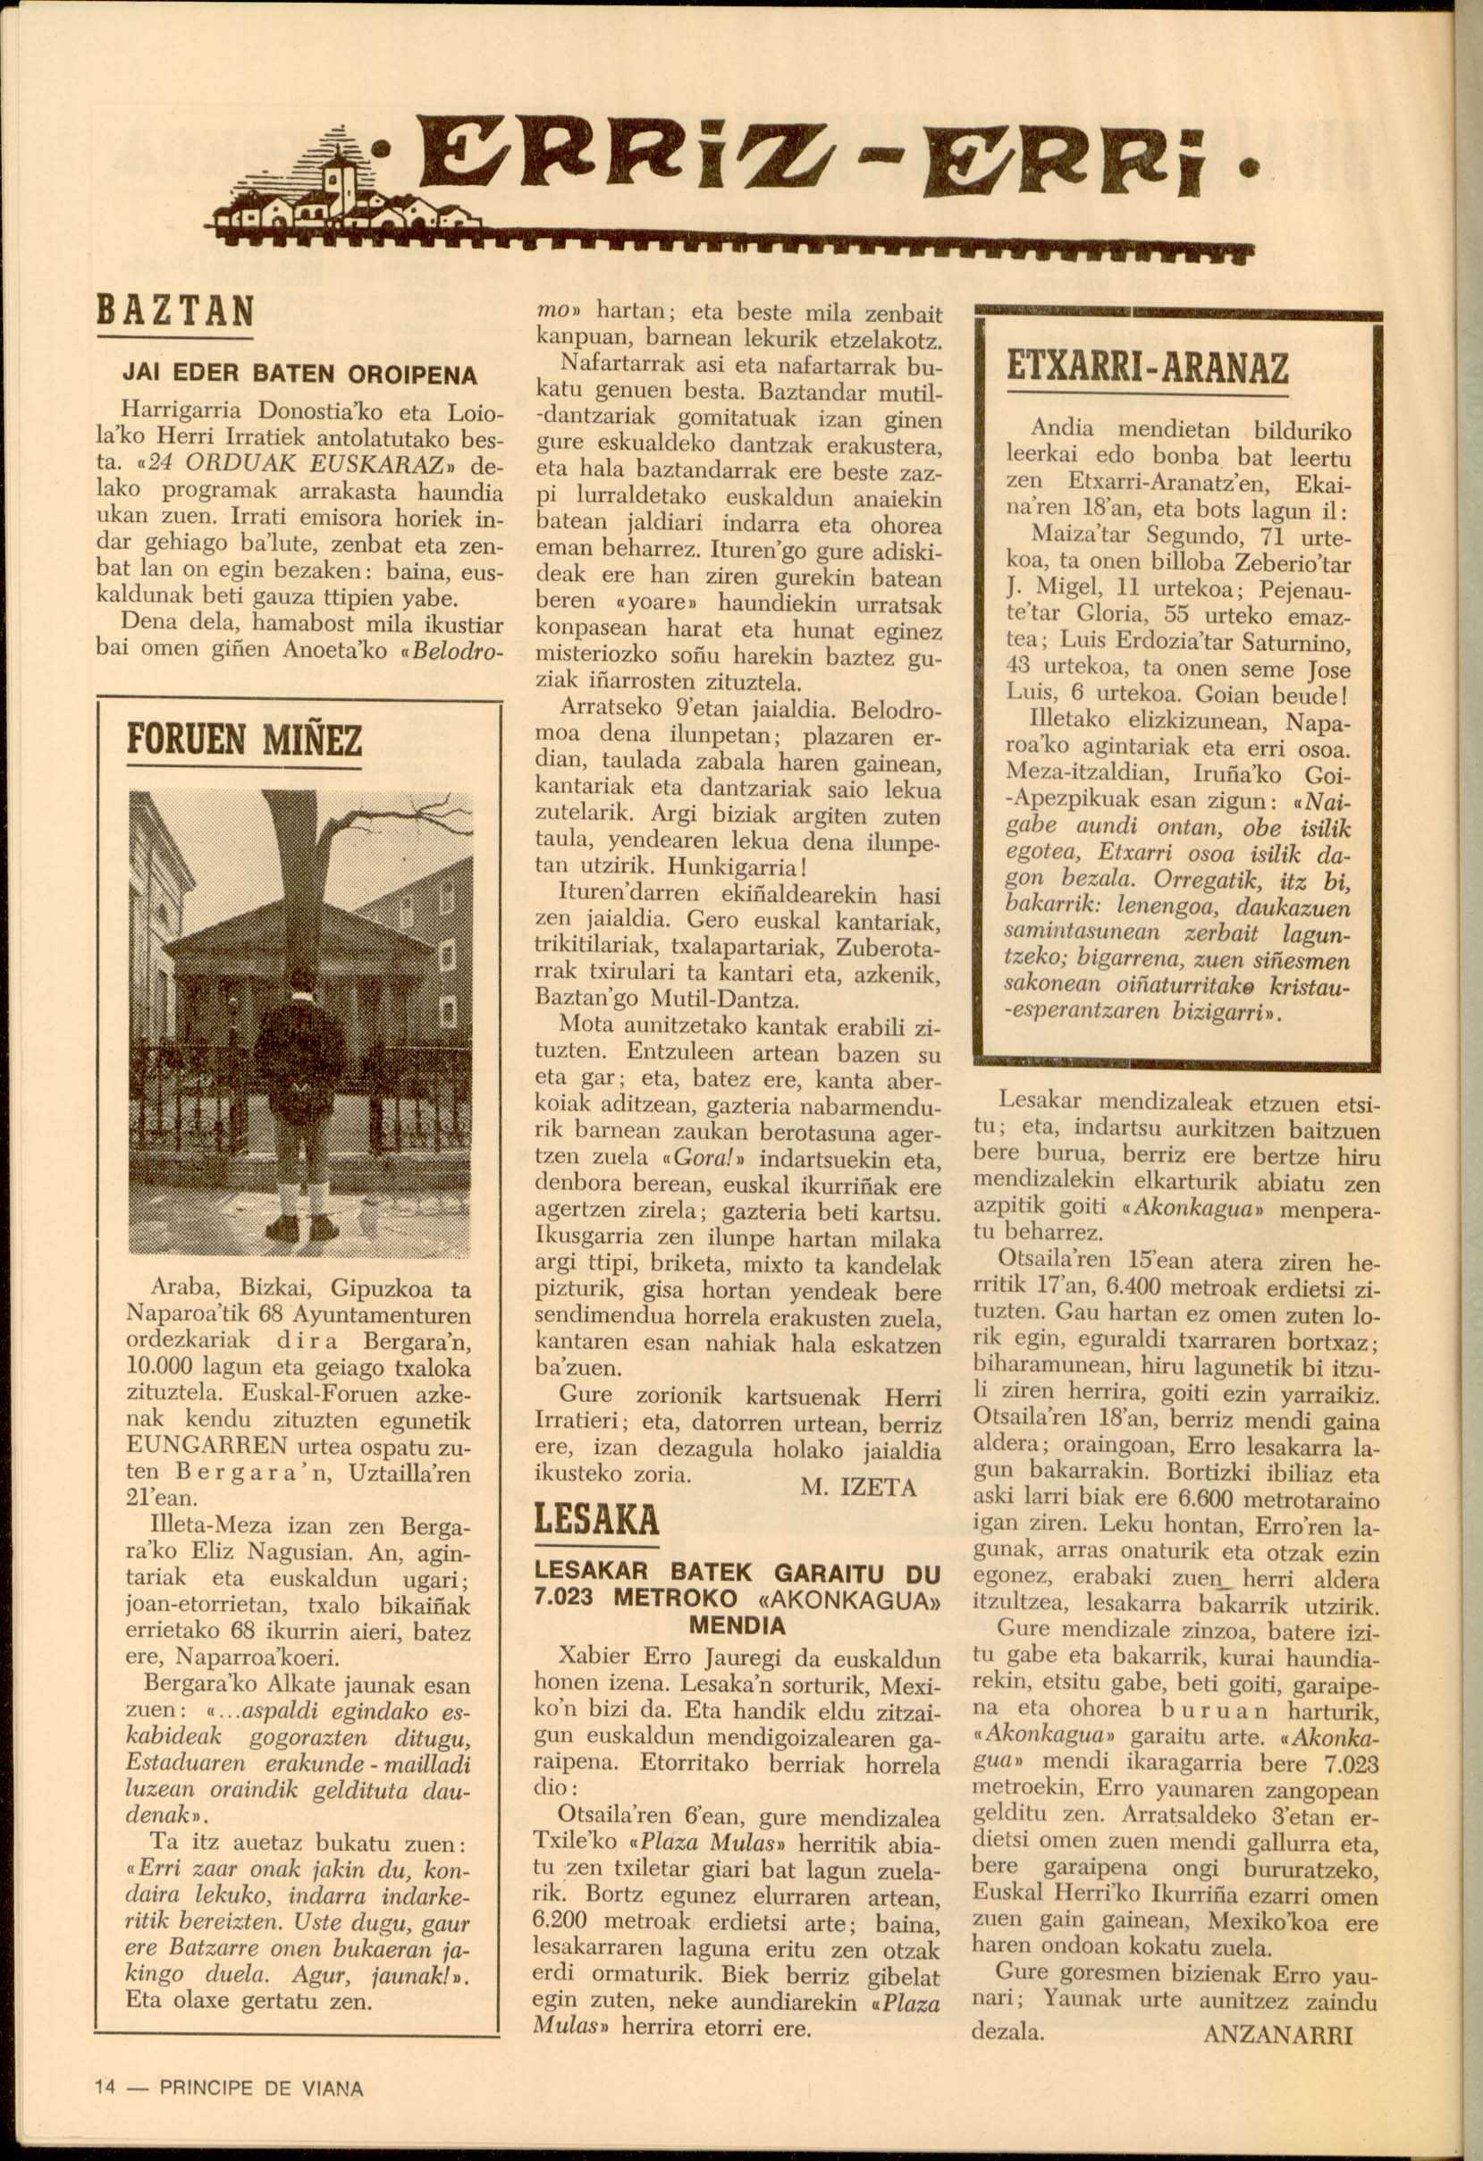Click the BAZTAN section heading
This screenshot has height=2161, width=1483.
[x=175, y=310]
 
